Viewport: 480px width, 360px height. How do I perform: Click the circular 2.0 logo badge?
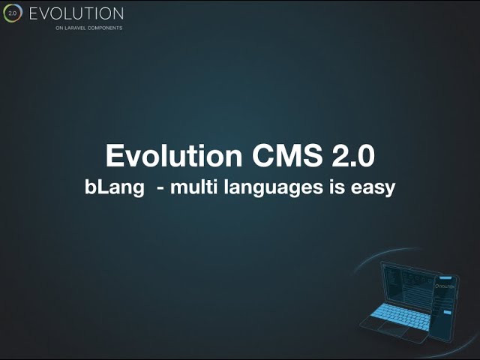[13, 13]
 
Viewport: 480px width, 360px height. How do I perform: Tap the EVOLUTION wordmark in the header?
[76, 13]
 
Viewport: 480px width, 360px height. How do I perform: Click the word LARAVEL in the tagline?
[74, 28]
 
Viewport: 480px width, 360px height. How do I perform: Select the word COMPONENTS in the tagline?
[105, 28]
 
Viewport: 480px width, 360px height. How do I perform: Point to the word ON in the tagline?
[58, 28]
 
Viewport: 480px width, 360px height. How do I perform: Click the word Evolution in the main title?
[174, 155]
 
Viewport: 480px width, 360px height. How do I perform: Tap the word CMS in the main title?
[287, 155]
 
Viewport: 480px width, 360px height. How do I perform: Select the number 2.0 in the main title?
[353, 155]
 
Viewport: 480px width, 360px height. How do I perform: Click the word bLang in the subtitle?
[115, 187]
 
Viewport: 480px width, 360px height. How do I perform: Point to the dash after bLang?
[160, 189]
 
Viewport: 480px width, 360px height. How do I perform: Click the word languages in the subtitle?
[273, 187]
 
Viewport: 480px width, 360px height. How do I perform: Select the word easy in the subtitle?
[373, 188]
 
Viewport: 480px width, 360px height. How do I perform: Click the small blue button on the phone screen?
[447, 313]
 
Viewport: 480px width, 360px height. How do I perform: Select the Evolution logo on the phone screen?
[445, 286]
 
